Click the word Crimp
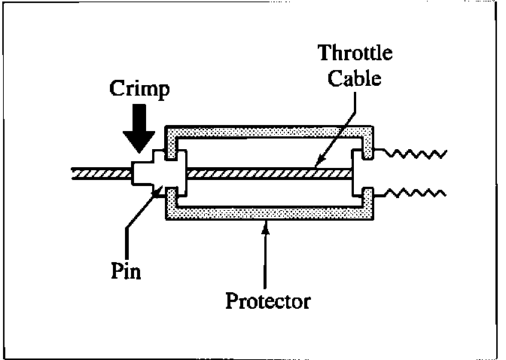[x=139, y=90]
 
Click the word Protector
[x=268, y=302]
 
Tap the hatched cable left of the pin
[x=98, y=174]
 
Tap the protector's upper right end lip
[x=368, y=143]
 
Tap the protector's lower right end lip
[x=368, y=199]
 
